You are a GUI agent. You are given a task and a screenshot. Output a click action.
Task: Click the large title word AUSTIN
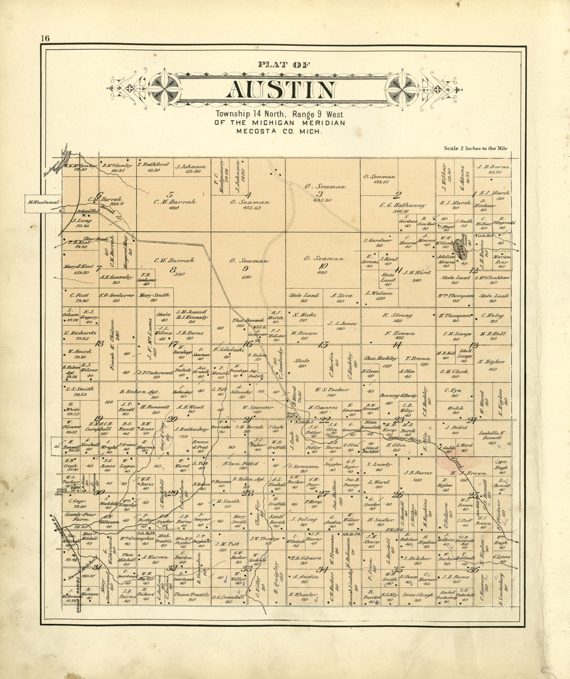(281, 90)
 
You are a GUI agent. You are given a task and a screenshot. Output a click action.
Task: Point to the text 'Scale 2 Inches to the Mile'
(475, 148)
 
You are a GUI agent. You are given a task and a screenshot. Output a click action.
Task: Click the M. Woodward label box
(43, 202)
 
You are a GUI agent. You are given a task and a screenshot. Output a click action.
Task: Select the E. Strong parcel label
(397, 315)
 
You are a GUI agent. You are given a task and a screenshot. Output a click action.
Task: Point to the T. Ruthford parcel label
(153, 165)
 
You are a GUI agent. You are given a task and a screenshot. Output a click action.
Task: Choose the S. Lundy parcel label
(379, 465)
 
